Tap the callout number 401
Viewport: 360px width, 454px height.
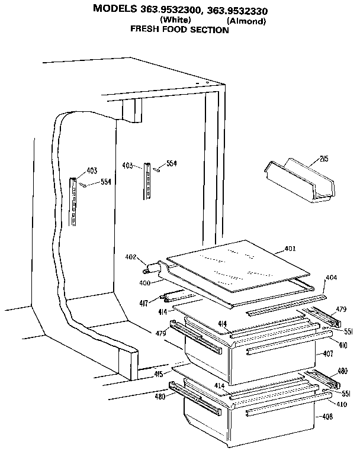coord(290,249)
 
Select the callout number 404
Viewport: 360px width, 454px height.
coord(331,277)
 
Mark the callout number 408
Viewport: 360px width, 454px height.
coord(327,417)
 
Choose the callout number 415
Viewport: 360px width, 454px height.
coord(159,374)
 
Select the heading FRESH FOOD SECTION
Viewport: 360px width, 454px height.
coord(179,30)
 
